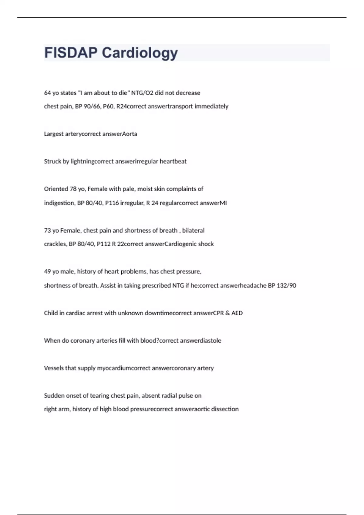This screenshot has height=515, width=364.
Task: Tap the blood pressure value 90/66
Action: (x=92, y=106)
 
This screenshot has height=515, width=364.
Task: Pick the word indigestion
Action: (x=59, y=203)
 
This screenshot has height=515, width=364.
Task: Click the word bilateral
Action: (x=193, y=231)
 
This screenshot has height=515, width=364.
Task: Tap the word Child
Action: (x=50, y=313)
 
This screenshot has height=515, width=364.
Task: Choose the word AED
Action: (x=237, y=313)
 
